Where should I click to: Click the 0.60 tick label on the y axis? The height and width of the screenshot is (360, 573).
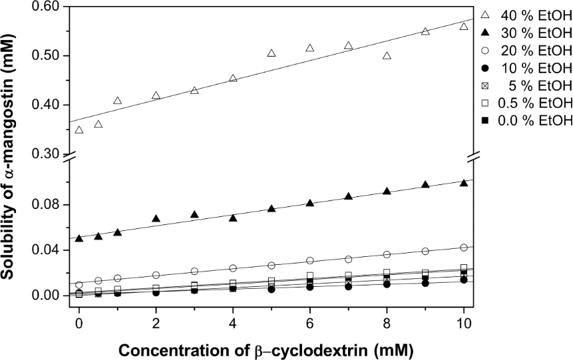click(47, 7)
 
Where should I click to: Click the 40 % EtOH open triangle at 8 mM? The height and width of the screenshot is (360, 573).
click(387, 56)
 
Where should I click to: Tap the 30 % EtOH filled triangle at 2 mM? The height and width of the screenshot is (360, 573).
click(156, 218)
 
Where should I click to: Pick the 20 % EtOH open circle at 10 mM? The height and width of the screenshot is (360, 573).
click(464, 248)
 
